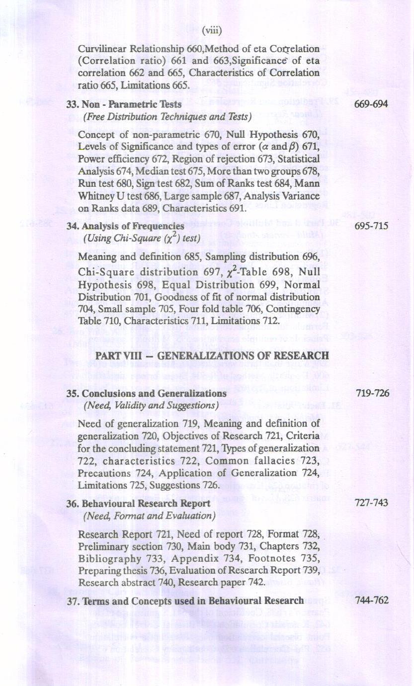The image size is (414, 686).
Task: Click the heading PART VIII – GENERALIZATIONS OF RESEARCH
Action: pyautogui.click(x=212, y=356)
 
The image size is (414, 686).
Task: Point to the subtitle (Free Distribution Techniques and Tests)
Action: pyautogui.click(x=167, y=117)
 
